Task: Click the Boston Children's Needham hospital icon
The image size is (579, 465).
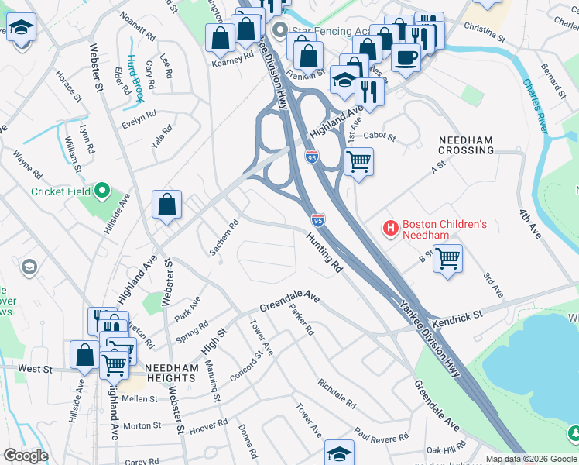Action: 391,229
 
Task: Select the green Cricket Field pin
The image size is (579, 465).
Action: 101,191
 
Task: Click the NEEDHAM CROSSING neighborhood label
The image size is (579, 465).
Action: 466,145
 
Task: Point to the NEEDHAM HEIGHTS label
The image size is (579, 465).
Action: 170,374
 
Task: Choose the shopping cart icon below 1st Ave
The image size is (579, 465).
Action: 358,163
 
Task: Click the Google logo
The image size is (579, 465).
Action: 26,456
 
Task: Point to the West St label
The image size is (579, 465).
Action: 34,369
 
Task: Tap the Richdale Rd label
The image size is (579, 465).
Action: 336,394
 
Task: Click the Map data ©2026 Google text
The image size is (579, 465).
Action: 532,459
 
